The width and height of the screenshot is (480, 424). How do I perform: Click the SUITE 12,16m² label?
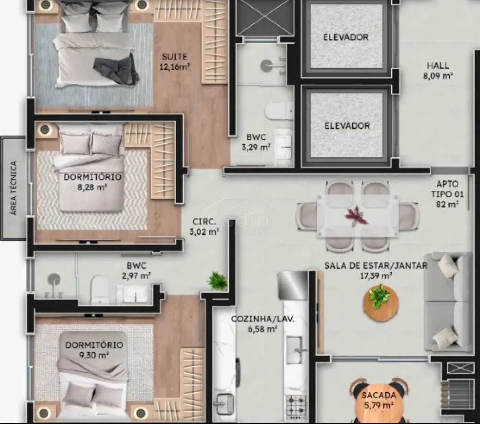click(x=175, y=62)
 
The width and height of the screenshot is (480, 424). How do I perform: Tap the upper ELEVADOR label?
click(x=346, y=37)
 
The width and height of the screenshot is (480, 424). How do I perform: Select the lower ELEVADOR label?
click(x=347, y=126)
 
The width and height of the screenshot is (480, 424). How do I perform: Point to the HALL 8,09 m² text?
click(x=438, y=71)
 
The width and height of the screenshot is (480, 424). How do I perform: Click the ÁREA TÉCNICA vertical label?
click(x=14, y=188)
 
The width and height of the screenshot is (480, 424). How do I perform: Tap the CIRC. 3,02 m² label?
click(x=204, y=226)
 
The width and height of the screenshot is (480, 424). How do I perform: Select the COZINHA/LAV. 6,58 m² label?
click(x=263, y=324)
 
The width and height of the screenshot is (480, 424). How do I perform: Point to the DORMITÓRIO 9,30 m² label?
click(x=94, y=350)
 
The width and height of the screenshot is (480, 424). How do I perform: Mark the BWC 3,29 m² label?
click(x=256, y=142)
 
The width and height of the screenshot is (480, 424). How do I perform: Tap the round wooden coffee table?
click(x=381, y=304)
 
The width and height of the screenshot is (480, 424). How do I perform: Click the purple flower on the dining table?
click(x=356, y=216)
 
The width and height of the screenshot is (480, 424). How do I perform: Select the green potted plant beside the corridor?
click(x=217, y=280)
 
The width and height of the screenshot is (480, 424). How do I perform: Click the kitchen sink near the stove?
click(x=294, y=350)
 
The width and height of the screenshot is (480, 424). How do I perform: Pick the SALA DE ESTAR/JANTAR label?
click(x=376, y=266)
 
